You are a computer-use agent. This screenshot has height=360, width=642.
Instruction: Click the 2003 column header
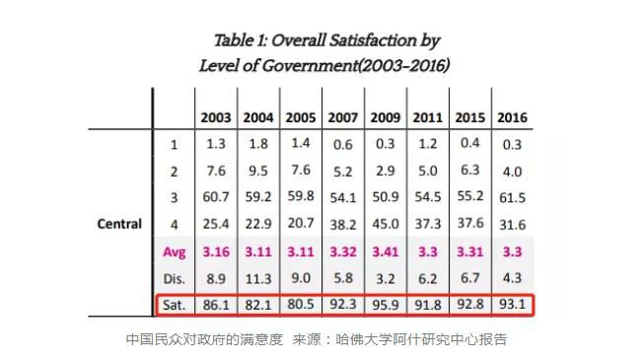(216, 117)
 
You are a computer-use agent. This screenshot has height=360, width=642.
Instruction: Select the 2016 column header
(512, 117)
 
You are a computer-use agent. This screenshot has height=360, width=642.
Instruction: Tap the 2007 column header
(342, 117)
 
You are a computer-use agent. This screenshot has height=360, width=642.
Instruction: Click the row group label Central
(119, 224)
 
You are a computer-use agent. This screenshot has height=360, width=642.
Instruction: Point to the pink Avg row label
(174, 252)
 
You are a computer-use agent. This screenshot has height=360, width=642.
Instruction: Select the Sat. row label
(174, 305)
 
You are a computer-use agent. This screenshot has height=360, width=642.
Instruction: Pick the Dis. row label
(174, 278)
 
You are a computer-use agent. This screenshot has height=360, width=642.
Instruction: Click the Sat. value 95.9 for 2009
(385, 305)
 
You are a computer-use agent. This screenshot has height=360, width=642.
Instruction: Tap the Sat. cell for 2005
(300, 305)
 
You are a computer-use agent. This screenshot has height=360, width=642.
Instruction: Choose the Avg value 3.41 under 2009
(385, 252)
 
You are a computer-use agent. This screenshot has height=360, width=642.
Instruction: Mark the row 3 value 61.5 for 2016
(512, 198)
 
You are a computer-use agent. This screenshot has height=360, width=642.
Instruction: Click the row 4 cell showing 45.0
(385, 225)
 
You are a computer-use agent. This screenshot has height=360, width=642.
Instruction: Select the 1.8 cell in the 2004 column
(258, 144)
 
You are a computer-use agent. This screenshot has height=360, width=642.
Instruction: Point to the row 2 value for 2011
(427, 171)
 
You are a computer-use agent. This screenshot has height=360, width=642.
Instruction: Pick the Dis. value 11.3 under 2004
(258, 278)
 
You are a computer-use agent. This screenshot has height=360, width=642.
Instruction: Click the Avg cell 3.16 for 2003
(216, 252)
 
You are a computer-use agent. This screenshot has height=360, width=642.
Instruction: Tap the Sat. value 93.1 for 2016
(512, 305)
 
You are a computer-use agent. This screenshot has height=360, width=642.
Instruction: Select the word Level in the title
(220, 65)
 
